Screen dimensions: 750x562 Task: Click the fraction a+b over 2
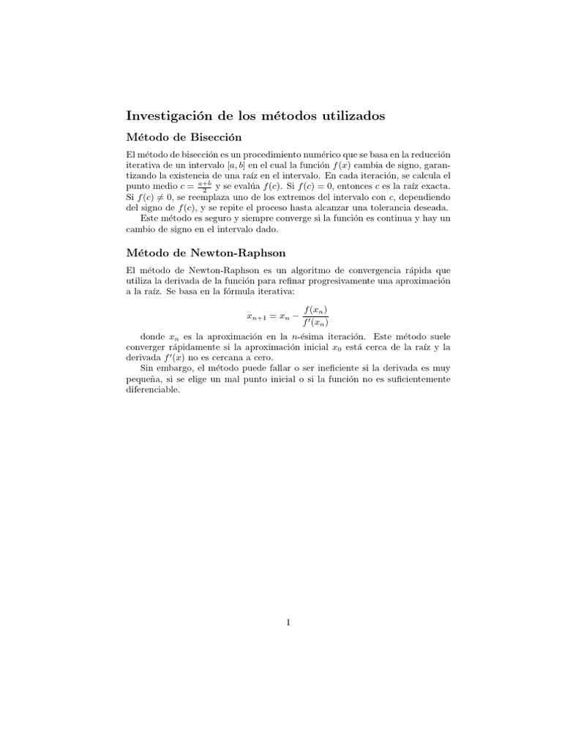point(203,187)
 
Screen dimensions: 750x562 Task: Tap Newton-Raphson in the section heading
point(224,254)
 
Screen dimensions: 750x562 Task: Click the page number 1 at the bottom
point(289,623)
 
